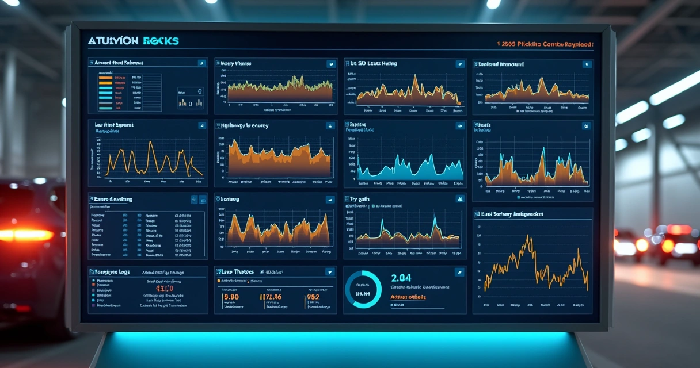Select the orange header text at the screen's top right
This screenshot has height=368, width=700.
[544, 44]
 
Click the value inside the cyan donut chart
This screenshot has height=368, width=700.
[363, 293]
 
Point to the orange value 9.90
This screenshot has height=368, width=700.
[230, 297]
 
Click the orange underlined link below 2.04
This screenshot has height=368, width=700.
[408, 297]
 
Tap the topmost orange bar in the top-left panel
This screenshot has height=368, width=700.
[105, 77]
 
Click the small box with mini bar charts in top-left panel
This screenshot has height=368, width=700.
[191, 98]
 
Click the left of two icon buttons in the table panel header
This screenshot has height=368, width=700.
[194, 200]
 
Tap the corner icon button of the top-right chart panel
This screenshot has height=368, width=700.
[585, 64]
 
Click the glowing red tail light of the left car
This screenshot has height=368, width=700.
[26, 235]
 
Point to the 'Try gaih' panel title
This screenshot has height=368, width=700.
[360, 199]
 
